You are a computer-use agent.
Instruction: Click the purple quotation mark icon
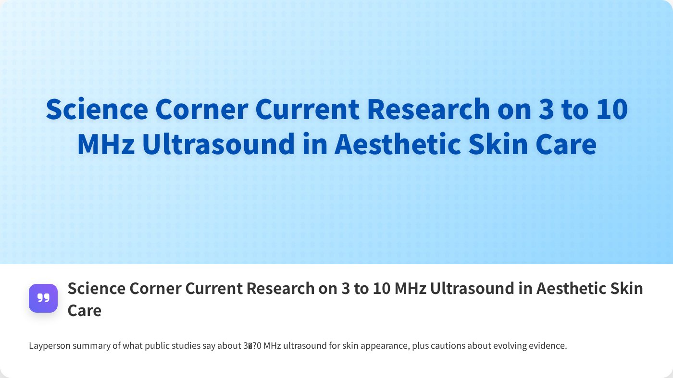tap(43, 298)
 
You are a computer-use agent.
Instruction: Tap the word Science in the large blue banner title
tap(97, 110)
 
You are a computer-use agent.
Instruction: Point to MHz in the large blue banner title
tap(106, 145)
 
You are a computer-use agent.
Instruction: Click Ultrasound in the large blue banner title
tap(218, 145)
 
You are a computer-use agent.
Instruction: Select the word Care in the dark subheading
tap(85, 310)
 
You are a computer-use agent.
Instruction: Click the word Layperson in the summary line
tap(50, 346)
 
